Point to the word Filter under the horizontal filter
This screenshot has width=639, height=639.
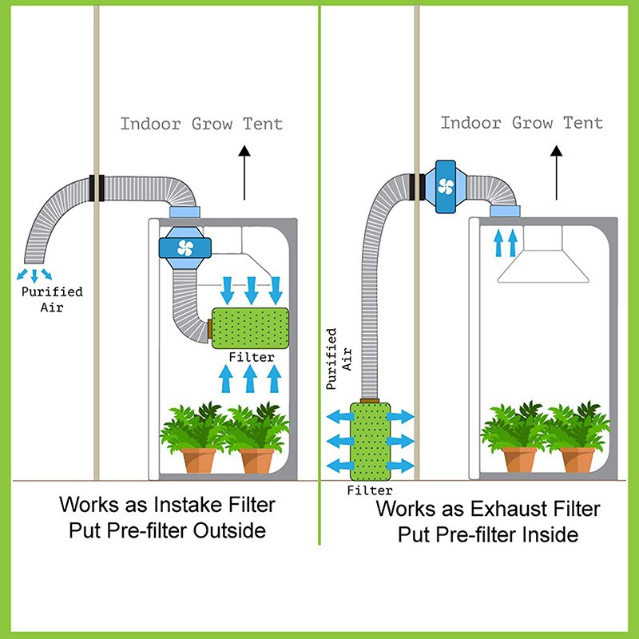252,358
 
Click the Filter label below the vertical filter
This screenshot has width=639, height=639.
370,490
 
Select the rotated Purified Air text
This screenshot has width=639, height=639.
336,359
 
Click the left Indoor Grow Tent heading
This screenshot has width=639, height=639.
201,124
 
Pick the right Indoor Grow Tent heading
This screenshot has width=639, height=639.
522,123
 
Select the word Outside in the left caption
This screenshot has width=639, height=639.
239,530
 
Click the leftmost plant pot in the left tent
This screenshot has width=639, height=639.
196,460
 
